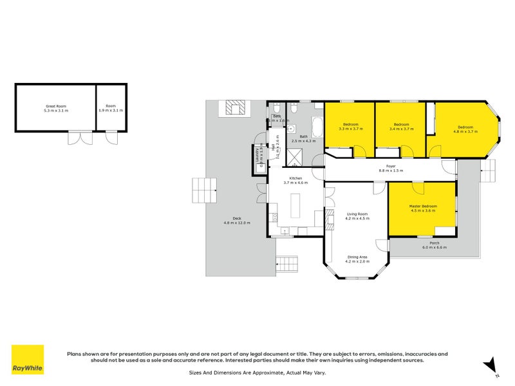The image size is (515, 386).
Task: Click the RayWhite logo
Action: tap(28, 360)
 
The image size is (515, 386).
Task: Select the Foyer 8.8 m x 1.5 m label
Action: tap(390, 169)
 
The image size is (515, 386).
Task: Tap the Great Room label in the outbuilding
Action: tap(55, 108)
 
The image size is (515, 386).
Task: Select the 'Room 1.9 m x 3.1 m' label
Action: tap(111, 108)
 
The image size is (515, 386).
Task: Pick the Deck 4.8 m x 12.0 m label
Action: tap(237, 220)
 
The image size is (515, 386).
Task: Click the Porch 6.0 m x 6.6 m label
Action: tap(434, 245)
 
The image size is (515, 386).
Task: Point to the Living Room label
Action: tap(357, 216)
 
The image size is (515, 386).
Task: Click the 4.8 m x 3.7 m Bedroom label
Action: tap(465, 129)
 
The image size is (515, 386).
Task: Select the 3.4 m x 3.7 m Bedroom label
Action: tap(401, 127)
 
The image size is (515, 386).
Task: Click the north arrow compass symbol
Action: tap(491, 365)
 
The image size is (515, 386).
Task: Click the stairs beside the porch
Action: tap(489, 171)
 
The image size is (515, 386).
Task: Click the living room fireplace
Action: tap(330, 221)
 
